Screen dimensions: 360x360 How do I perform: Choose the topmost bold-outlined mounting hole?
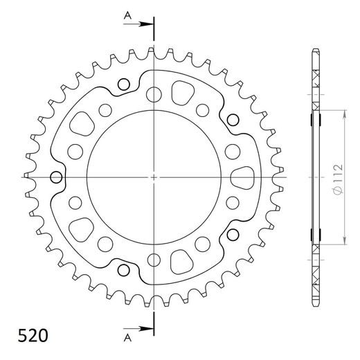tap(125, 85)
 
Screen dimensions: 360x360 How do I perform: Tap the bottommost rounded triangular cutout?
tap(182, 263)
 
